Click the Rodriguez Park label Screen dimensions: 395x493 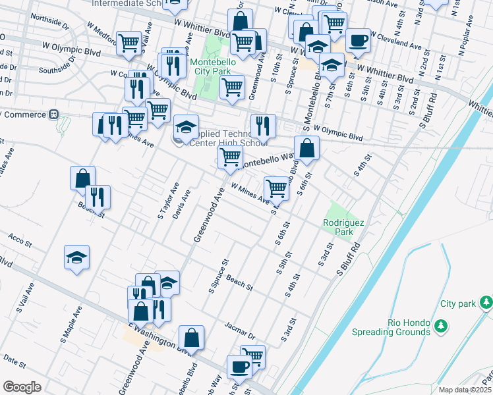point(343,227)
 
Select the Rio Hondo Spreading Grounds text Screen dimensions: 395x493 point(399,327)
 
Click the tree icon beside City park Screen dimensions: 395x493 point(486,302)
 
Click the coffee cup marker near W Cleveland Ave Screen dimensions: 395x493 point(358,40)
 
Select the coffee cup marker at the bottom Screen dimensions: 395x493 point(239,366)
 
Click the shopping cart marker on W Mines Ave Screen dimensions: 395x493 point(276,188)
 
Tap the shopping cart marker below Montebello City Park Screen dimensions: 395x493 point(232,87)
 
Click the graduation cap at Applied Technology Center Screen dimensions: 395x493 point(186,126)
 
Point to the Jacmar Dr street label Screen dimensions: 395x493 point(239,330)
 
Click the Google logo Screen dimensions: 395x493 point(22,386)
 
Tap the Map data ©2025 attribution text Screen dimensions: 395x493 point(465,390)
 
